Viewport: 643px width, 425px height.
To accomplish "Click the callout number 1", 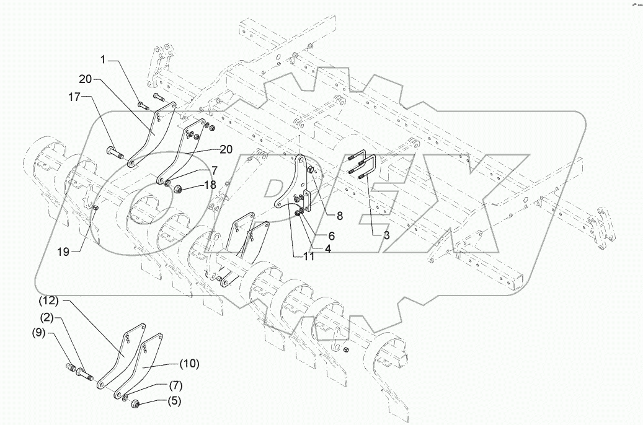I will [x=104, y=60].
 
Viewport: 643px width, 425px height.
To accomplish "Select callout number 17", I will [x=74, y=97].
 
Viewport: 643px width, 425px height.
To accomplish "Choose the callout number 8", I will [x=339, y=216].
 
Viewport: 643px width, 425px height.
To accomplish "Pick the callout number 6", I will [x=331, y=236].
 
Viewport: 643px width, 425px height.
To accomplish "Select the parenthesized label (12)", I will [x=51, y=301].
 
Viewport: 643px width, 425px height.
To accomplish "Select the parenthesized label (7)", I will [x=176, y=385].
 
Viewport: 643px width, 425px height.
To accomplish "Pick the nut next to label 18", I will [x=175, y=188].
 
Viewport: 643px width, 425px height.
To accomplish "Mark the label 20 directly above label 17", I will [x=86, y=79].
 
